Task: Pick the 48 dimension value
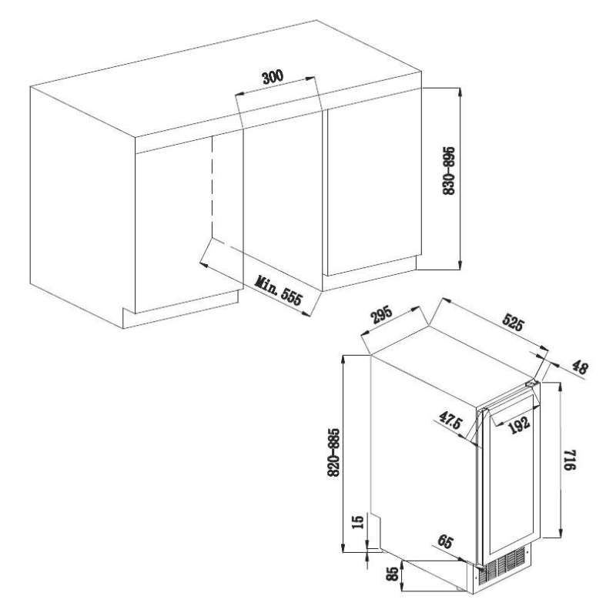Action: point(579,368)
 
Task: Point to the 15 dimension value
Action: point(357,524)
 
